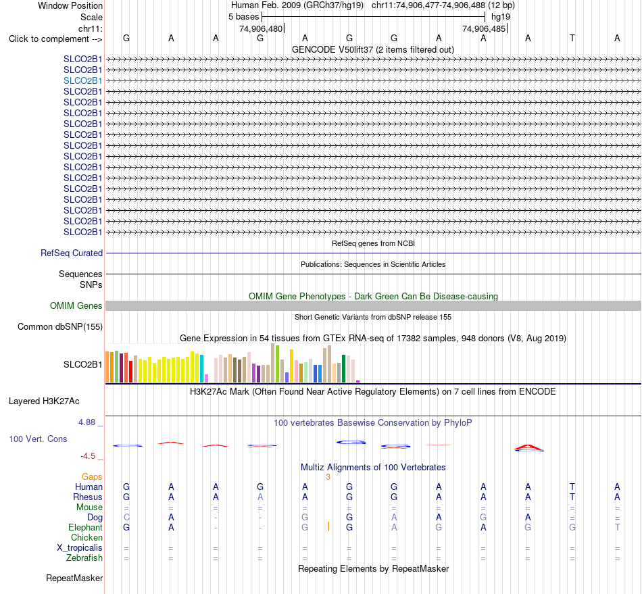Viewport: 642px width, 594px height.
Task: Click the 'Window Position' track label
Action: click(70, 5)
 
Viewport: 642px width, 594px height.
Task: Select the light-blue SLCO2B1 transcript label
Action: click(82, 80)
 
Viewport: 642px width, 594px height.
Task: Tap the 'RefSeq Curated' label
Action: click(72, 253)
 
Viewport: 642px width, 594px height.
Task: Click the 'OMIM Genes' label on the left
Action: click(76, 306)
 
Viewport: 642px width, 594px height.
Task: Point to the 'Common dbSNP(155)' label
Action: click(60, 326)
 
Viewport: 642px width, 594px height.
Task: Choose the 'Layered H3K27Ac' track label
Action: click(44, 401)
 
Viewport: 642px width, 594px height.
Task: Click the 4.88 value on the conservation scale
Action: click(87, 422)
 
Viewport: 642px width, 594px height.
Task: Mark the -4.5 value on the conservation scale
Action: click(88, 456)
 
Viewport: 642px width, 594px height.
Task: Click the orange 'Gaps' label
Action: click(92, 476)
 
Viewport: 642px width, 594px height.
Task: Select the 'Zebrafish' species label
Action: click(84, 558)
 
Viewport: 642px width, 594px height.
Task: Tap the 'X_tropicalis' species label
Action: click(80, 548)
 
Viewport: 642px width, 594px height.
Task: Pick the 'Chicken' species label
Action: click(87, 537)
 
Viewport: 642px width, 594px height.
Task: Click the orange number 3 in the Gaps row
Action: click(328, 477)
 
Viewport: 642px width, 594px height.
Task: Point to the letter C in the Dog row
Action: click(126, 518)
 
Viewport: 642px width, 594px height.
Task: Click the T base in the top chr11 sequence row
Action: click(572, 38)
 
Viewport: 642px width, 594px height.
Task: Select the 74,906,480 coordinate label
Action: click(261, 28)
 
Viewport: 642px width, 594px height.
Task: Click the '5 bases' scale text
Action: click(243, 17)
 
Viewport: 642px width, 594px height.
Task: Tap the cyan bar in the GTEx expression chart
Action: click(201, 368)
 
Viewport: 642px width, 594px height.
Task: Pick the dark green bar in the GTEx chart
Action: click(344, 369)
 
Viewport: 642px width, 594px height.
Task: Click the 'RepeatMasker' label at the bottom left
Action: click(74, 578)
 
